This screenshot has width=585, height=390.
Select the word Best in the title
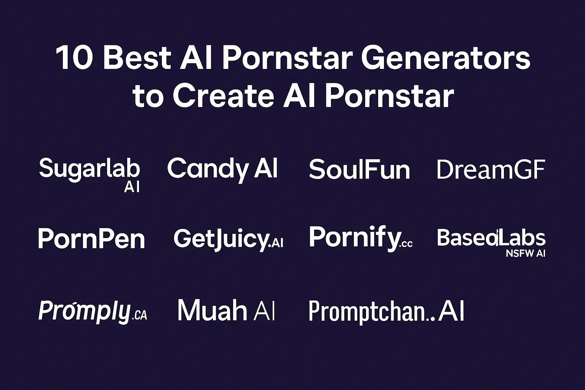137,59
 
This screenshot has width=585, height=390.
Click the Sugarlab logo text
90,169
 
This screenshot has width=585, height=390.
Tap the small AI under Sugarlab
132,187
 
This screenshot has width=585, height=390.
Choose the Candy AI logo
222,169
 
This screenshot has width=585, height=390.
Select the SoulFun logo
359,170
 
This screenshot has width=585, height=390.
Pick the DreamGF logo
491,170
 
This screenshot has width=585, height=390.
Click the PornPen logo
91,239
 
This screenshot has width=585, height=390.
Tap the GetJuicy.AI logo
228,239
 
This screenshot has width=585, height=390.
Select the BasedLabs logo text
491,238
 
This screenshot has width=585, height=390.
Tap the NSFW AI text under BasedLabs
526,253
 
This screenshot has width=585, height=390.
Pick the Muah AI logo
226,310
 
